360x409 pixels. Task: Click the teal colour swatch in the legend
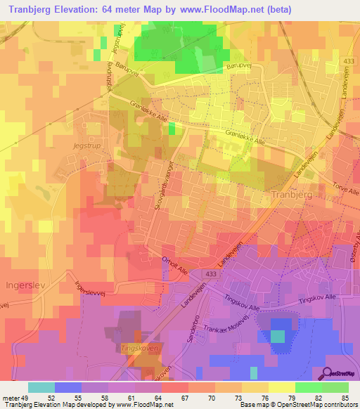tap(41, 387)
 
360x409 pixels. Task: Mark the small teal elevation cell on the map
tap(278, 337)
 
